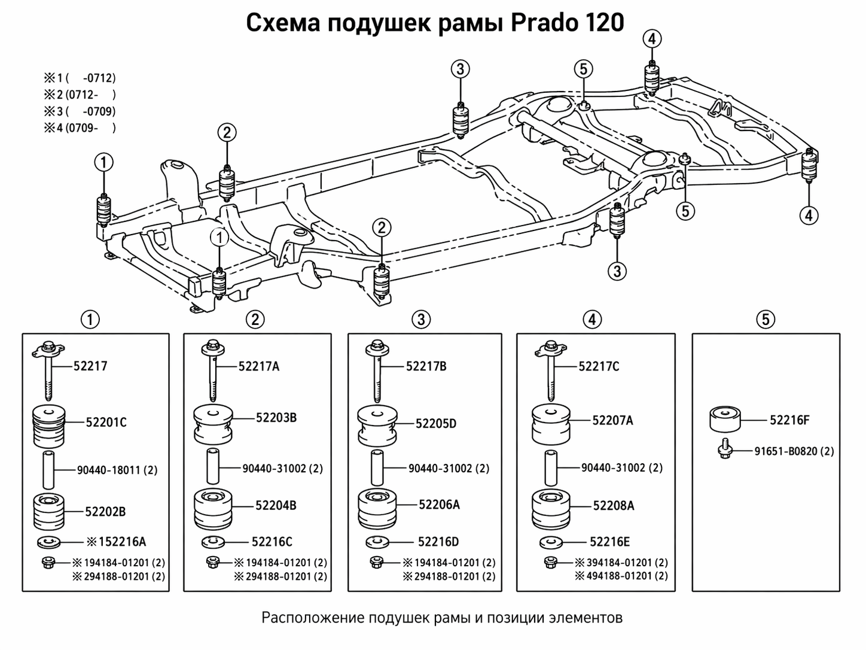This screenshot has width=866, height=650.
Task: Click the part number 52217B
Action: click(426, 366)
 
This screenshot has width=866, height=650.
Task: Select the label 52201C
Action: click(106, 422)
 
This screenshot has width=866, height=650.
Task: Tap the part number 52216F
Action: click(789, 420)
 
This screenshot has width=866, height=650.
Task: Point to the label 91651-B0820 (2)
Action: click(794, 451)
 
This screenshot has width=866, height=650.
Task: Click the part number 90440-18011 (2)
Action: click(117, 470)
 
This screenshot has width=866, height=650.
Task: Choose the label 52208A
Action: click(614, 506)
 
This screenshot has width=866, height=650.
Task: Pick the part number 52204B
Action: click(276, 506)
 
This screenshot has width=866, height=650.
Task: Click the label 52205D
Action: click(436, 424)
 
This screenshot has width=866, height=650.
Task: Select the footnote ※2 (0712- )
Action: click(79, 95)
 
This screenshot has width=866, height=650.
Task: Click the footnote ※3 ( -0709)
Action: click(79, 111)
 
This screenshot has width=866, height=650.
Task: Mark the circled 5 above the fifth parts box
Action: click(766, 320)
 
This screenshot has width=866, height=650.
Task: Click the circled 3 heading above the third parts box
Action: click(421, 320)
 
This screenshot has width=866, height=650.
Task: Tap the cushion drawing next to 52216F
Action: click(725, 420)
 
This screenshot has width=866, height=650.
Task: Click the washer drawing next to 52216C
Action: click(213, 542)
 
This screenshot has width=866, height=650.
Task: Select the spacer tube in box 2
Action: click(213, 467)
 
